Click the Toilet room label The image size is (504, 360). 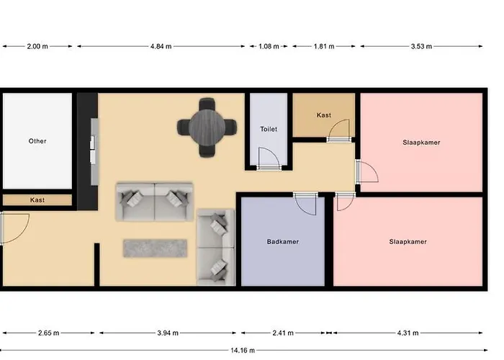point(269,130)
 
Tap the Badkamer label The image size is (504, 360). point(282,242)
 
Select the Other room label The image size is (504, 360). point(37,141)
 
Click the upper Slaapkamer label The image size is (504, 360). point(421,143)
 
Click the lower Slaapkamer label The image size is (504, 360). point(408,242)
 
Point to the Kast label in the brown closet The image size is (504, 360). point(324,115)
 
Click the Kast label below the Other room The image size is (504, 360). point(37,200)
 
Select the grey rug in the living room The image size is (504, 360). point(156,248)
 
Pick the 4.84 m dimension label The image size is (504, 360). point(161,47)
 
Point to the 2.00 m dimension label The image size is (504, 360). point(37,47)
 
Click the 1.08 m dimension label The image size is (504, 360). point(269,47)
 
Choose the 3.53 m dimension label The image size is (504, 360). point(421,47)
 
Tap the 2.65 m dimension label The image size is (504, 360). point(48,333)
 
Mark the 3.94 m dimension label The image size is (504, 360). point(168,333)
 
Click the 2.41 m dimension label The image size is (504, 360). point(283,333)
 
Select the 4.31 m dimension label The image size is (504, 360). point(408,333)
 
